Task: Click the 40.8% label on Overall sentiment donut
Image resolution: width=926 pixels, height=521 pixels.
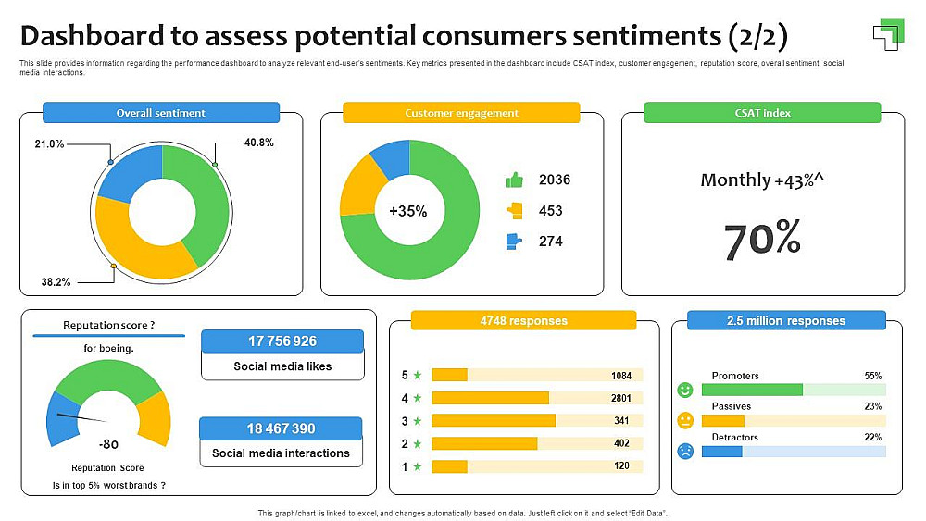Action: tap(259, 143)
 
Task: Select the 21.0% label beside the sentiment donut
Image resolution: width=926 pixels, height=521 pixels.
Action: tap(49, 143)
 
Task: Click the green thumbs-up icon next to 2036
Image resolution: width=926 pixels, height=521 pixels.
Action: tap(514, 180)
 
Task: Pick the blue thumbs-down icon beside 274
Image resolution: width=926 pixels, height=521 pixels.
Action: tap(514, 242)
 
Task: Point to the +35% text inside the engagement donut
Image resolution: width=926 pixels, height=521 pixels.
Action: tap(408, 211)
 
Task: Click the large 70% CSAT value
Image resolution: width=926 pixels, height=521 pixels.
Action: tap(762, 240)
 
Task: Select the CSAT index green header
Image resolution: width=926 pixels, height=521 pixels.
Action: tap(762, 113)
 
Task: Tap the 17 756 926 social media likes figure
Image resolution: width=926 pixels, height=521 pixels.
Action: tap(282, 341)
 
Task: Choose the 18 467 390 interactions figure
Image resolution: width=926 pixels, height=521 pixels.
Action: tap(282, 428)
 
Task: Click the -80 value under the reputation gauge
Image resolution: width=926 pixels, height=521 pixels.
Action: tap(108, 443)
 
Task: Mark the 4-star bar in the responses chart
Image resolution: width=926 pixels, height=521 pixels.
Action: tap(490, 398)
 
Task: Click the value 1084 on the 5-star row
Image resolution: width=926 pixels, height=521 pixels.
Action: tap(621, 376)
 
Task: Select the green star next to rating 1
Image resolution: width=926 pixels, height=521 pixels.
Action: tap(418, 466)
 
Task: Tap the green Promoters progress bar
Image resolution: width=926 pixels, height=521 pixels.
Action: tap(752, 390)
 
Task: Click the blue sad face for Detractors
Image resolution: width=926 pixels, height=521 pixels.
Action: tap(685, 452)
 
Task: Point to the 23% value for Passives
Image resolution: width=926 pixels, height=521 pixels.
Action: tap(872, 406)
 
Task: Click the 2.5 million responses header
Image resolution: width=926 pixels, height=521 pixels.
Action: tap(786, 321)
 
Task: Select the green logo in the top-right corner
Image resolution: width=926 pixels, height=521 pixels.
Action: tap(887, 33)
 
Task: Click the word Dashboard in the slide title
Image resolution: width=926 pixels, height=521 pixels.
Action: tap(91, 36)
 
